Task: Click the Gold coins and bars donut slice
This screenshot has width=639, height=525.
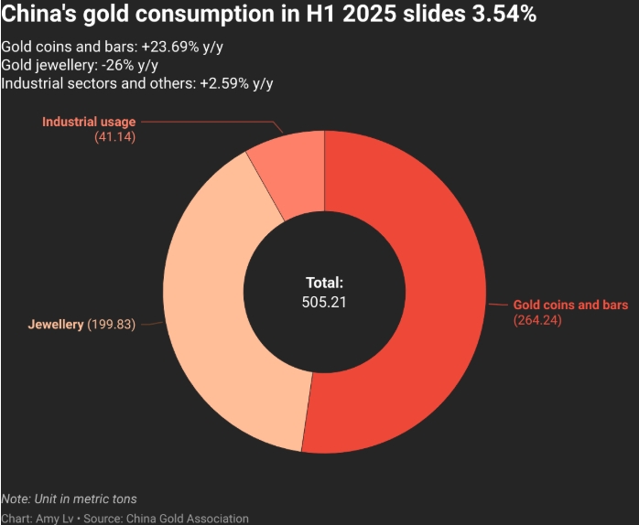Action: pyautogui.click(x=430, y=293)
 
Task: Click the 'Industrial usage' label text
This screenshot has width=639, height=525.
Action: pyautogui.click(x=89, y=122)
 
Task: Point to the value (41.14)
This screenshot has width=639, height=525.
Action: pyautogui.click(x=114, y=136)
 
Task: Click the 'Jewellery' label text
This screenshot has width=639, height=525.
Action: pyautogui.click(x=56, y=325)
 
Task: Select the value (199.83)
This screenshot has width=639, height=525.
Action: pyautogui.click(x=111, y=325)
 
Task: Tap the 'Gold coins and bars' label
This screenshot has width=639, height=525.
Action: pyautogui.click(x=569, y=305)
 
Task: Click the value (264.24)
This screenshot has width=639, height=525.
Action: pyautogui.click(x=536, y=320)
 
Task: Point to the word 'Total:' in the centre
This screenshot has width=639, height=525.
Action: pyautogui.click(x=325, y=284)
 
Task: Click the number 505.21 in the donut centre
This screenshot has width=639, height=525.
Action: pyautogui.click(x=325, y=301)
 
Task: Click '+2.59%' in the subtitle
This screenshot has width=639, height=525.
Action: pyautogui.click(x=221, y=83)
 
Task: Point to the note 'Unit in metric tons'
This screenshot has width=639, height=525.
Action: pyautogui.click(x=84, y=498)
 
